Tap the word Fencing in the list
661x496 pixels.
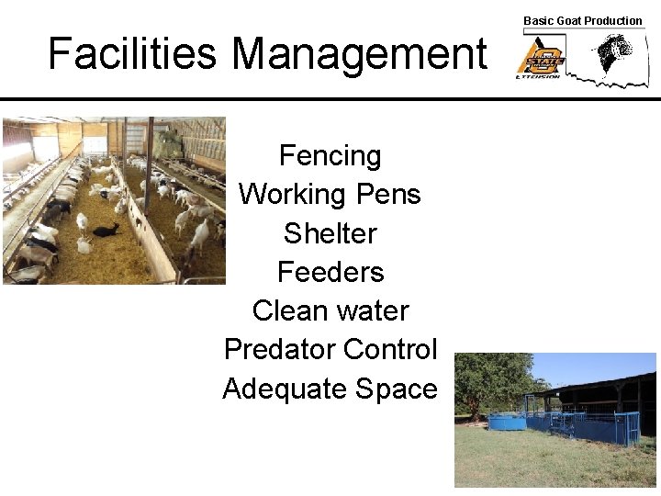pos(330,156)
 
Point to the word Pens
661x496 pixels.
pos(386,195)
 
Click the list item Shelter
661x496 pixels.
pos(330,233)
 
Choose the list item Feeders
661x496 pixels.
pos(330,272)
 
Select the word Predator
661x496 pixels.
pos(280,350)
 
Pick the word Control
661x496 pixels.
pos(391,350)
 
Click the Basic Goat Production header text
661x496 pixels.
pos(582,20)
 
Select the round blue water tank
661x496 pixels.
pos(507,421)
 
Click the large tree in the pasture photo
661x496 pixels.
pos(491,381)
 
